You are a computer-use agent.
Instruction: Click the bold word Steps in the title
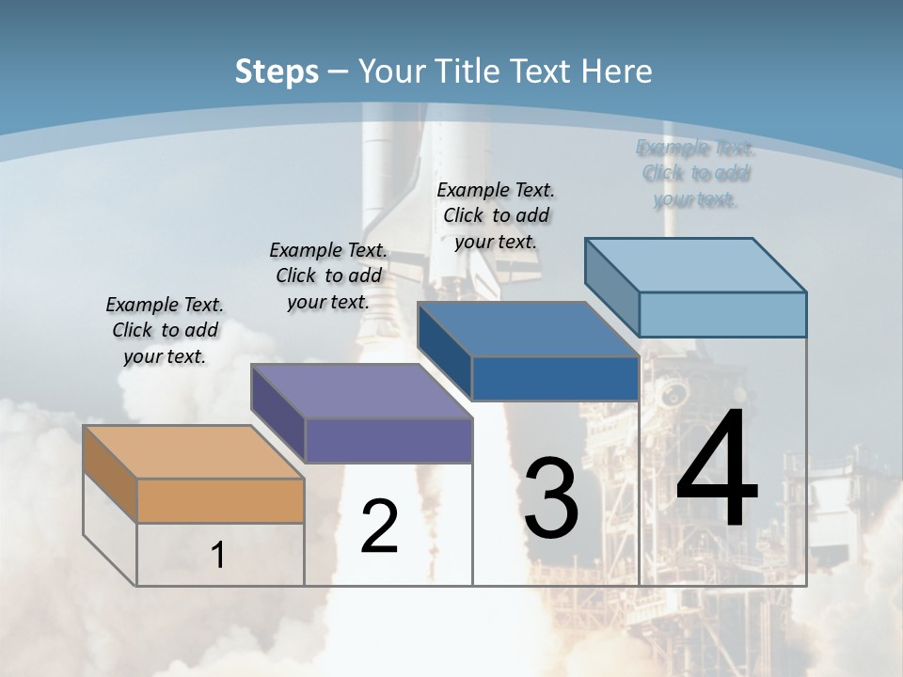click(x=277, y=71)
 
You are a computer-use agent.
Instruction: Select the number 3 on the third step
click(x=551, y=498)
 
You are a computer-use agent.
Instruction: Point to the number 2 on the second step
click(x=379, y=527)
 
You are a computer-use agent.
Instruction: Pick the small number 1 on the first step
click(x=218, y=556)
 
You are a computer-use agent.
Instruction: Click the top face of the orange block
click(x=193, y=452)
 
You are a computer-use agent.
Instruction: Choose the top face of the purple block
click(x=361, y=391)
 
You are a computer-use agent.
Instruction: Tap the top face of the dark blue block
click(x=528, y=330)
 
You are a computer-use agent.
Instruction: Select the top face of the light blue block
click(x=696, y=265)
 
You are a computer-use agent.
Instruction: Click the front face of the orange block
click(x=220, y=500)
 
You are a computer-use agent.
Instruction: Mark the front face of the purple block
click(x=388, y=440)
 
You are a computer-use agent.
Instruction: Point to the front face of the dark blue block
click(x=555, y=379)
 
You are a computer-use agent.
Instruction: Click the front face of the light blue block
click(x=722, y=314)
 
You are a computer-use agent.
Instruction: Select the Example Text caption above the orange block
click(x=165, y=330)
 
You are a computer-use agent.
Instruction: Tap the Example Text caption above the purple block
click(x=328, y=276)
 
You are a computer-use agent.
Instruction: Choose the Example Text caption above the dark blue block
click(x=496, y=215)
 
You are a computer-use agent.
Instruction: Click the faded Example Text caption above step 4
click(x=695, y=173)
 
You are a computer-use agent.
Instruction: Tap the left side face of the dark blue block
click(x=445, y=351)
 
